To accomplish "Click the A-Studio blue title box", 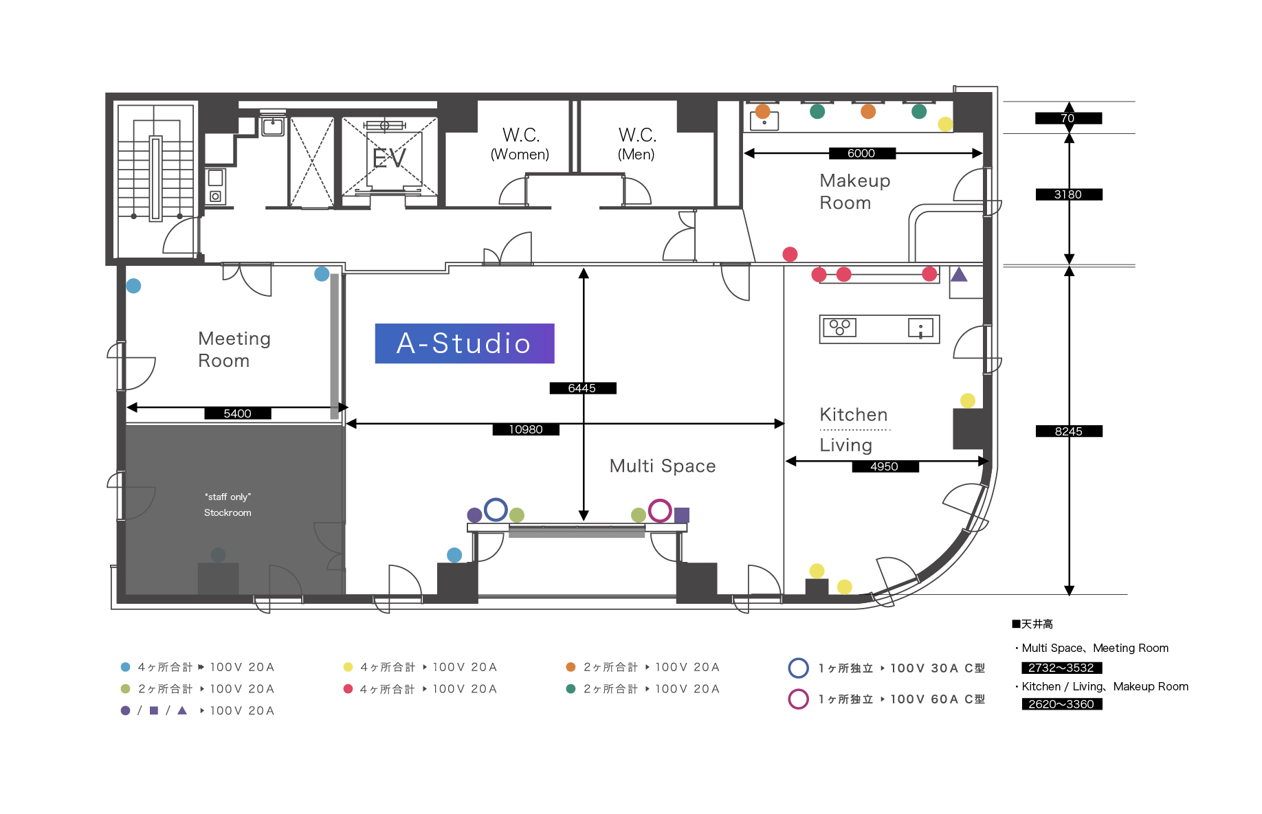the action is tap(465, 343).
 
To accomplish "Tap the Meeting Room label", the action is tap(234, 350).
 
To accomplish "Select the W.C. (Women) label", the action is tap(520, 144).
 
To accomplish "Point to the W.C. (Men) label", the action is tap(637, 144).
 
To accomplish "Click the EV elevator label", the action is tap(389, 159).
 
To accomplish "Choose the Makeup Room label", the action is tap(855, 192).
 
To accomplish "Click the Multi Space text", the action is tap(663, 466).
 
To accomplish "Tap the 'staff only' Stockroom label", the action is tap(228, 505).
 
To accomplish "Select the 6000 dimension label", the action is tap(862, 153).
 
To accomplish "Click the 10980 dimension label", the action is tap(526, 429).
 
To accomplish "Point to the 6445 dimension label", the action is tap(582, 388).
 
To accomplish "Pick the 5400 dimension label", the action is tap(238, 414).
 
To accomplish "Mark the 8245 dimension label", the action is tap(1069, 431).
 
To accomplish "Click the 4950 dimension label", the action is tap(885, 466).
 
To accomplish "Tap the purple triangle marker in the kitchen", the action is tap(959, 275).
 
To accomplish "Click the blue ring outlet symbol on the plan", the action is tap(496, 510).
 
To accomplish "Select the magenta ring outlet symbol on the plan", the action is tap(660, 510).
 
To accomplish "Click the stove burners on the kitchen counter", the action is tap(839, 327).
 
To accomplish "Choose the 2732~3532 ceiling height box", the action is tap(1061, 668).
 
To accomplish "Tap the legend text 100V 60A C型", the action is tap(938, 699).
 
